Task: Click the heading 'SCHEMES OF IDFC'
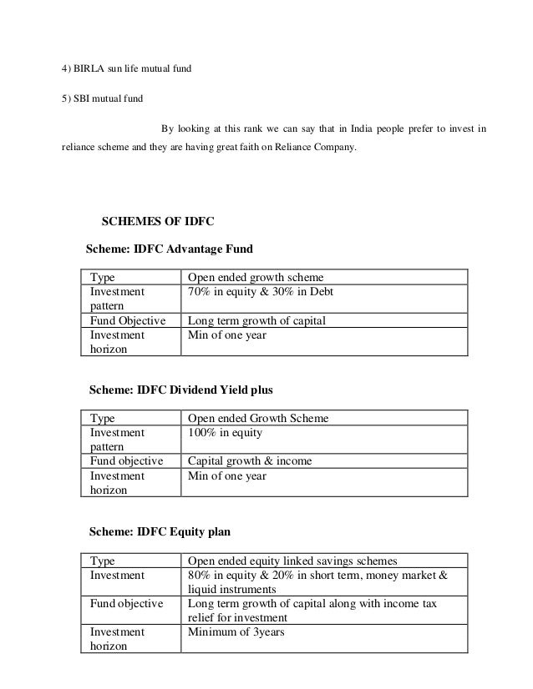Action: coord(158,222)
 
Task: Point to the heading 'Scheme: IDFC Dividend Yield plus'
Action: coord(180,390)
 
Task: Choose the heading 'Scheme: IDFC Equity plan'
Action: coord(160,530)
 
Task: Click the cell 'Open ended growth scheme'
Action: coord(255,278)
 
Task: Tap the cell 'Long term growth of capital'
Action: coord(256,321)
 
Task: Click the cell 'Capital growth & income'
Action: coord(249,461)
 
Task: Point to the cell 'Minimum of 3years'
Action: coord(236,631)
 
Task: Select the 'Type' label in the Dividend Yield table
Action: coord(103,418)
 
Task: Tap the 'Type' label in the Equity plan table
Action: coord(103,560)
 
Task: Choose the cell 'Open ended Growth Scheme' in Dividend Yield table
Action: coord(257,418)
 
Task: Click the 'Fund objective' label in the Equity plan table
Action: coord(126,603)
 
